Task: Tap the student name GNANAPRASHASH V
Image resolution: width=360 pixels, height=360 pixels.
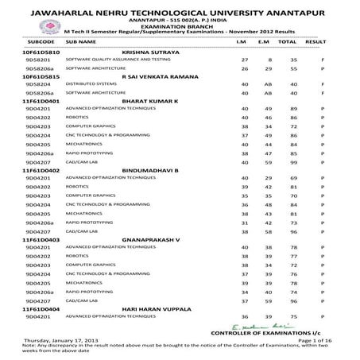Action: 157,260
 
